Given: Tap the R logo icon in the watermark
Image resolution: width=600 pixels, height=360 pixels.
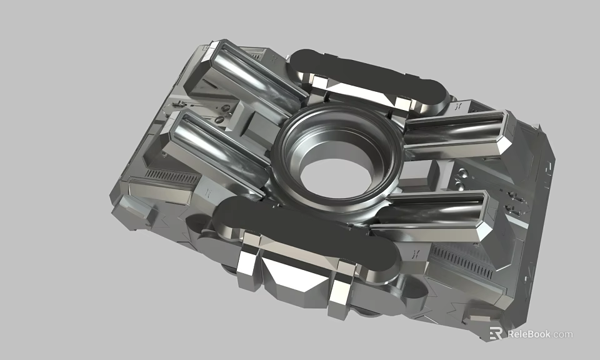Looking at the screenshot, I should click(496, 334).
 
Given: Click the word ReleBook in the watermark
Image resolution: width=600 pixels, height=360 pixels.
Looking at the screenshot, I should click(529, 334).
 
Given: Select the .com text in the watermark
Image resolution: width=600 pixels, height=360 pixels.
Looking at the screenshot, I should click(562, 334).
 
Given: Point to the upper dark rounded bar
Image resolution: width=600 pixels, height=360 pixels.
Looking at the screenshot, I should click(369, 75).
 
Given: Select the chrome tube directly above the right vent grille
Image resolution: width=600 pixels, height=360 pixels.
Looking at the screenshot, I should click(437, 216).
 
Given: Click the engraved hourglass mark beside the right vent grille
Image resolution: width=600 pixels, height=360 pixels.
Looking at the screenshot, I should click(416, 253).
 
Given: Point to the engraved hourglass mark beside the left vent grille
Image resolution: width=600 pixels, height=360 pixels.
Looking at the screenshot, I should click(207, 191).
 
